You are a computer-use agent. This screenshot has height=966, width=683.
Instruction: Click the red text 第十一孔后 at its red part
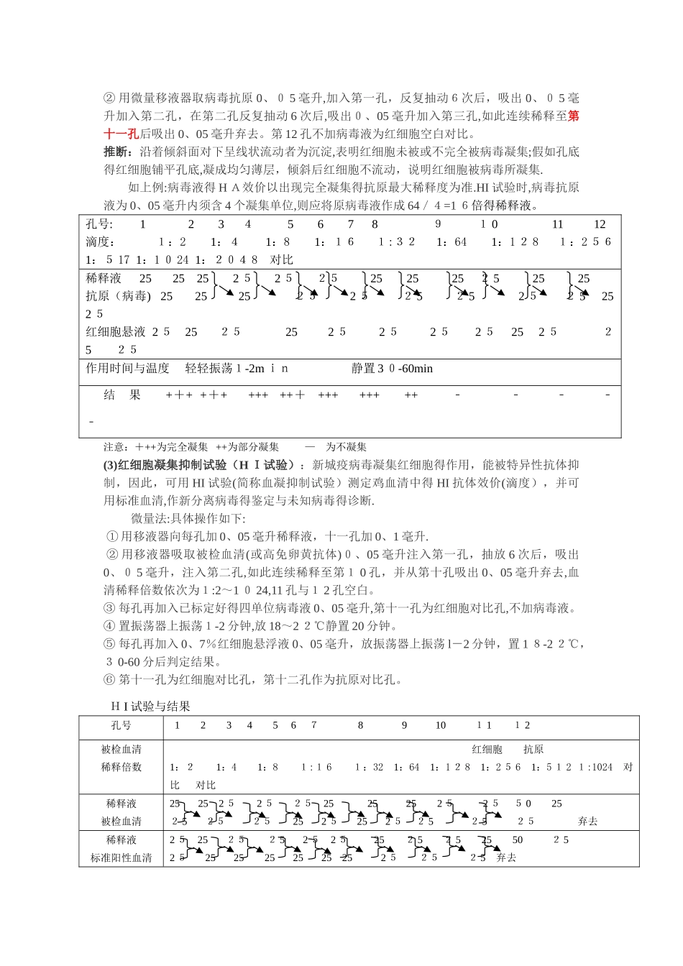[121, 134]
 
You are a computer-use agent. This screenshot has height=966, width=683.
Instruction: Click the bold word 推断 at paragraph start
[117, 152]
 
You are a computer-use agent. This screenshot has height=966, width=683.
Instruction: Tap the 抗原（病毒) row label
[119, 296]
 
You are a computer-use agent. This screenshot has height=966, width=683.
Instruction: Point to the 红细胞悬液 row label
[116, 332]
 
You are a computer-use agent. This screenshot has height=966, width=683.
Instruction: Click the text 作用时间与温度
[127, 369]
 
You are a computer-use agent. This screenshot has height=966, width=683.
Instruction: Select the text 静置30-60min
[392, 369]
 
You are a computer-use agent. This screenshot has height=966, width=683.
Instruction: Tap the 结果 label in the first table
[122, 395]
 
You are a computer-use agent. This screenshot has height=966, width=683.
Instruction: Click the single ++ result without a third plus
[411, 395]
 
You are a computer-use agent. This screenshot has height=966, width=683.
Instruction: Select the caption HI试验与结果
[150, 707]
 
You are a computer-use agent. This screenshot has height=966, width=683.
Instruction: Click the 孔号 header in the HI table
[121, 725]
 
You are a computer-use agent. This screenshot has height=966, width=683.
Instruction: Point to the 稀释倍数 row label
[121, 767]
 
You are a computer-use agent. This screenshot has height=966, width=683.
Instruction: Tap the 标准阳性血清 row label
[121, 857]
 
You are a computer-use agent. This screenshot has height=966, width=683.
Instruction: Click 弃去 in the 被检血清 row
[587, 822]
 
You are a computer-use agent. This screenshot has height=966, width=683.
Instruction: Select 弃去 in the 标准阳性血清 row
[506, 857]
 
